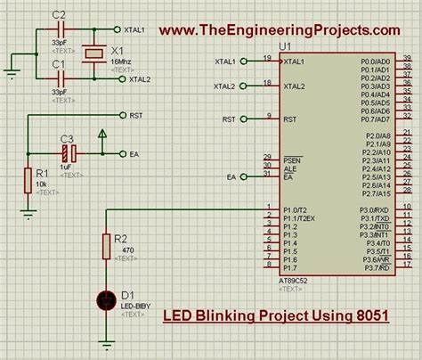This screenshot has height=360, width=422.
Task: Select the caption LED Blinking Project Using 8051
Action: pos(277,315)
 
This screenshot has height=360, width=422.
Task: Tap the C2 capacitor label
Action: pos(59,15)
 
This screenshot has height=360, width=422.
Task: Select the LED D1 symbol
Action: pos(106,301)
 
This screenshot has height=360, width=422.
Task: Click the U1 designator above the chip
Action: pos(284,45)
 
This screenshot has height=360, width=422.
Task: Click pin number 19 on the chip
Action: pos(267,58)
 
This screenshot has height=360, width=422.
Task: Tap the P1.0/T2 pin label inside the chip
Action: pos(296,209)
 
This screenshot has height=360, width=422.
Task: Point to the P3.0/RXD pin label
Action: pos(375,209)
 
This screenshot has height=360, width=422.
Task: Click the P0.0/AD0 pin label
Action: pos(375,61)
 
